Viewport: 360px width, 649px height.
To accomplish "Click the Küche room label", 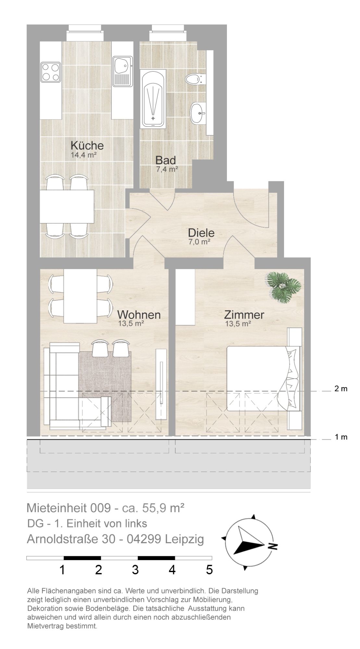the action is [x=87, y=145].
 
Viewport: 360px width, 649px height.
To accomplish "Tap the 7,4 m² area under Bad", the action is [x=167, y=169].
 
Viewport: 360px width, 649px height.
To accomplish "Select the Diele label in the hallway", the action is [x=201, y=233].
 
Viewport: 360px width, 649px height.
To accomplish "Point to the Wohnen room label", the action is [x=139, y=314].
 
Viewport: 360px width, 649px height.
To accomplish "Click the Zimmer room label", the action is [x=244, y=314].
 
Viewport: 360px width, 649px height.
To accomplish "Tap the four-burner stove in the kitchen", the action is [x=51, y=72].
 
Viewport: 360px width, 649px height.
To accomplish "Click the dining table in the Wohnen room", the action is [x=80, y=296].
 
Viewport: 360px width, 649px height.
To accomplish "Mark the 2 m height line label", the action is [x=341, y=388].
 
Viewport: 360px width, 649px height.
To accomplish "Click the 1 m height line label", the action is [x=341, y=437].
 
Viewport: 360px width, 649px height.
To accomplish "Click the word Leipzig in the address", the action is [x=184, y=539].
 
